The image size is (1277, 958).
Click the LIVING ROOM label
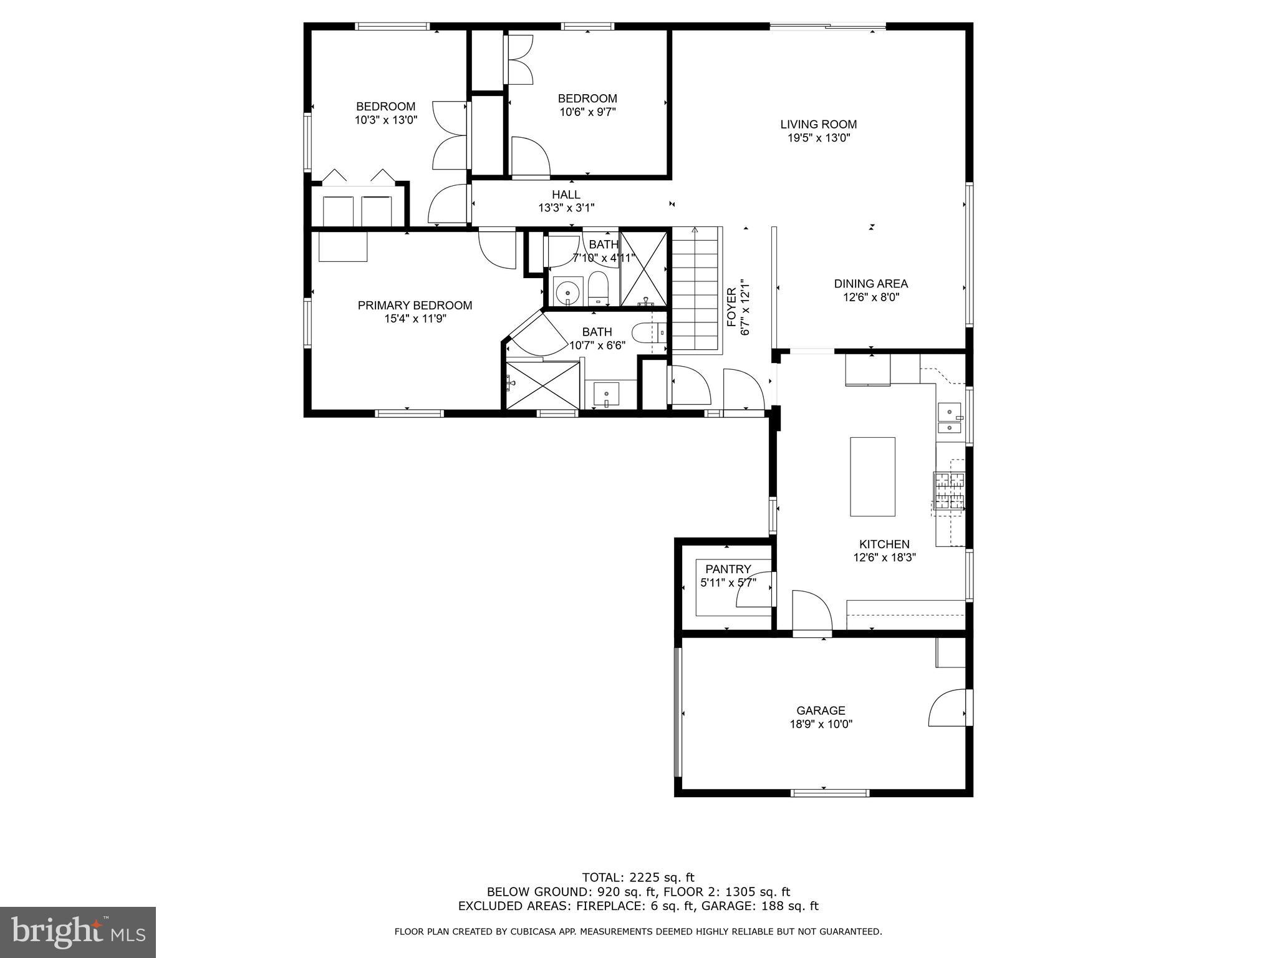point(818,124)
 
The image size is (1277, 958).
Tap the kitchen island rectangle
point(872,477)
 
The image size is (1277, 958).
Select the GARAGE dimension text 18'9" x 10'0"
point(821,724)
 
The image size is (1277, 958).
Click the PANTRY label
point(728,569)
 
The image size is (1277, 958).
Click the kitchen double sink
point(949,419)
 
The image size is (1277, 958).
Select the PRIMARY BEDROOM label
point(415,305)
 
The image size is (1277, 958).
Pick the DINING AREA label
point(870,284)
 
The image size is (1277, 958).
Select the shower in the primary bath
point(542,385)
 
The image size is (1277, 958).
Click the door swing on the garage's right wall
point(947,709)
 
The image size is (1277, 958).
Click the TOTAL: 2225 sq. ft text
point(638,878)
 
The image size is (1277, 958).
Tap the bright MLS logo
point(78,932)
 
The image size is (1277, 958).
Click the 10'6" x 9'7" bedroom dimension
point(587,112)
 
